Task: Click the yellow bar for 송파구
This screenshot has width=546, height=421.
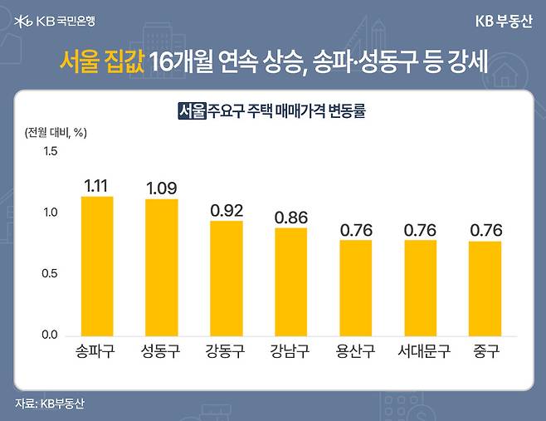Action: [96, 266]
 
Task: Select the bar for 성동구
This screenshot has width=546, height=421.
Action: [161, 267]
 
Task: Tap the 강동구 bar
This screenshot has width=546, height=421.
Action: [226, 277]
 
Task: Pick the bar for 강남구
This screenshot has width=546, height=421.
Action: [290, 281]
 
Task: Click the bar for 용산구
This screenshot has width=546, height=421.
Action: [355, 287]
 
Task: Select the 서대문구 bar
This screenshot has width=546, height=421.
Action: [420, 287]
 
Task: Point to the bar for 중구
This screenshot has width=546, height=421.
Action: [485, 287]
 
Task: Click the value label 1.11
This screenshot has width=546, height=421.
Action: [97, 184]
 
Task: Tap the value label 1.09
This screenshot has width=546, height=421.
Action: [161, 188]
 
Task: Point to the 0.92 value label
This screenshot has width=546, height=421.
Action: [226, 209]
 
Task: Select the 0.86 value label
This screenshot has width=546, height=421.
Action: [290, 217]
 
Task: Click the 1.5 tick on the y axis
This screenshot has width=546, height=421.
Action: [51, 151]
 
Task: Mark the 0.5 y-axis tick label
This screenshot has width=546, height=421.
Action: [51, 274]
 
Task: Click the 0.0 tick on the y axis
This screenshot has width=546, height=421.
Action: [51, 335]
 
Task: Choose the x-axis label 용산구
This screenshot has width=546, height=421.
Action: [355, 352]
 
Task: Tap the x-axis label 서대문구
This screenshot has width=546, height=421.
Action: [420, 352]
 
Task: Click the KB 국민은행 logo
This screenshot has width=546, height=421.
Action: [56, 21]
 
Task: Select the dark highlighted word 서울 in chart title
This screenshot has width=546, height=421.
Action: [192, 110]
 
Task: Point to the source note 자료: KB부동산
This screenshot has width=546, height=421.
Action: [50, 404]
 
